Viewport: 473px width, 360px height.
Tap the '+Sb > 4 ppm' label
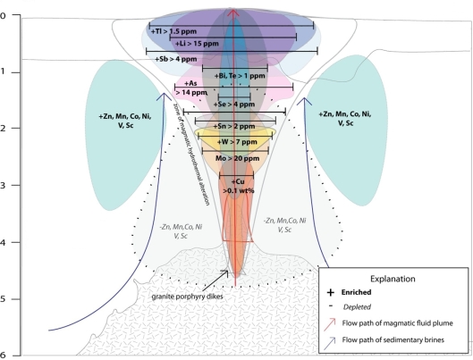(x=175, y=59)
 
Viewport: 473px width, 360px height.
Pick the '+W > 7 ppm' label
(x=237, y=141)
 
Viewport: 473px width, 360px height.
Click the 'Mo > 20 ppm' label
(x=238, y=158)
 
